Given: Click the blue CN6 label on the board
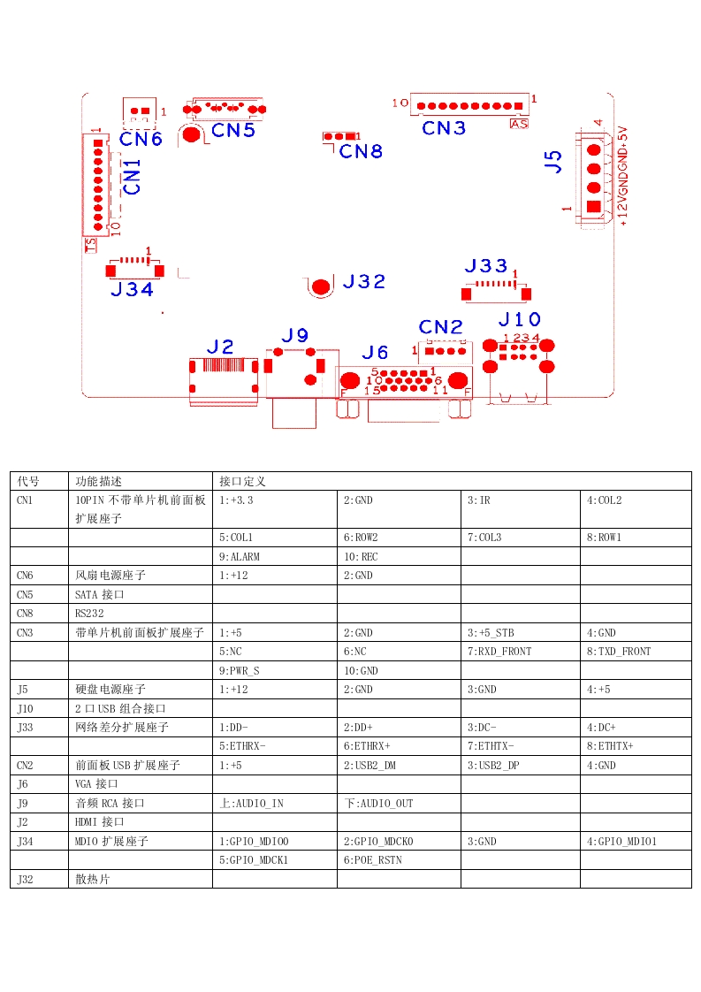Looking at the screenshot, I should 141,139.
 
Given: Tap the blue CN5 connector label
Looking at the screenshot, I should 234,131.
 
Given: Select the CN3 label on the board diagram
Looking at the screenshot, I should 444,128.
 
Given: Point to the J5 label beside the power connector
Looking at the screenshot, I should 553,161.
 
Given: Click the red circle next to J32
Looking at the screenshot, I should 320,286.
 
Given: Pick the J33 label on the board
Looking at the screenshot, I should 486,266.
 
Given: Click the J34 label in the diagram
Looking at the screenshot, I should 132,289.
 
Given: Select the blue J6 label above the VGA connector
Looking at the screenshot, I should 375,353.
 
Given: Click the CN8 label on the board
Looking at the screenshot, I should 361,151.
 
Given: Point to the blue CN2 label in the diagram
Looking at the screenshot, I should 441,326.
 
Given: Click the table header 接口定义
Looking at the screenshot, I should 242,482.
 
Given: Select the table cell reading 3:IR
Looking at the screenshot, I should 478,500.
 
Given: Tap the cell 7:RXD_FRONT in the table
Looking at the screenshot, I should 497,652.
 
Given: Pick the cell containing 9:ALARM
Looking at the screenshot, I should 240,557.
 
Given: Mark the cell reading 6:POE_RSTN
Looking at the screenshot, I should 372,860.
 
